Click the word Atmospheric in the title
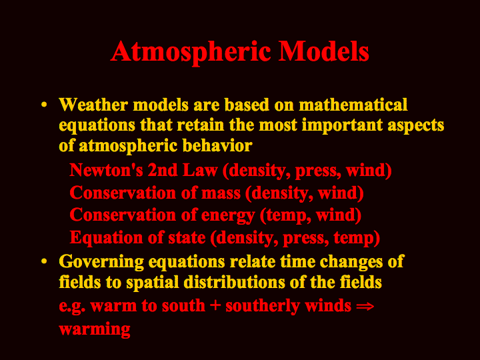coord(191,53)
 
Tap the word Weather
coord(93,105)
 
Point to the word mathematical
coord(353,105)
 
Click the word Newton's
coord(106,170)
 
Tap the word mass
coord(221,193)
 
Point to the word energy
coord(228,216)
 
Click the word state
coord(187,238)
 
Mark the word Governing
coord(101,263)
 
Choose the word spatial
coord(153,283)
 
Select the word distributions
coord(235,282)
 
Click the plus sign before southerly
coord(215,306)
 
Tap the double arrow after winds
coord(365,306)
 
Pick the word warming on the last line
coord(95,330)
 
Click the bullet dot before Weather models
coord(45,105)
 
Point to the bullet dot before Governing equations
coord(45,261)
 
